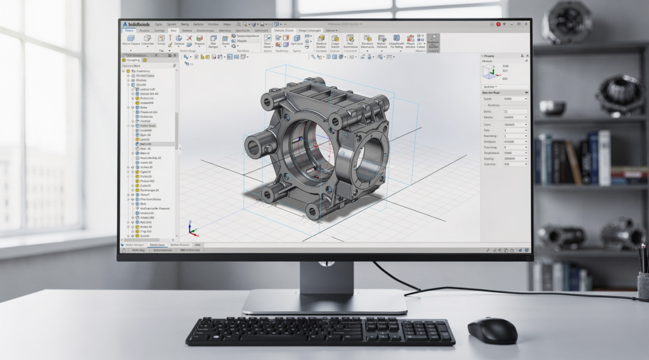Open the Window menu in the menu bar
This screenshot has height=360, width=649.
[x=212, y=23]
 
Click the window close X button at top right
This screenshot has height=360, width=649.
[x=525, y=23]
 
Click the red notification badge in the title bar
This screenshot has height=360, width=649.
[x=499, y=23]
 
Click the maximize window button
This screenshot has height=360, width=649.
[x=517, y=23]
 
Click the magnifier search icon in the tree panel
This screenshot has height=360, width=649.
[x=174, y=65]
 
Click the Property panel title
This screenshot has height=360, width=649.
[x=489, y=56]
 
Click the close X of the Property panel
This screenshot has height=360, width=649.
[x=525, y=56]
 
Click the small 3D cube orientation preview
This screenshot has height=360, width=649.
[x=490, y=72]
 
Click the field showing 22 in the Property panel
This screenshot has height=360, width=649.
[x=515, y=111]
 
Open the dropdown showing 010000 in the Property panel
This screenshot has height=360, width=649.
[x=515, y=142]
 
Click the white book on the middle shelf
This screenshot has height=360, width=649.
[x=604, y=158]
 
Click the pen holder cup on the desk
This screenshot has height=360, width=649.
[x=643, y=282]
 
